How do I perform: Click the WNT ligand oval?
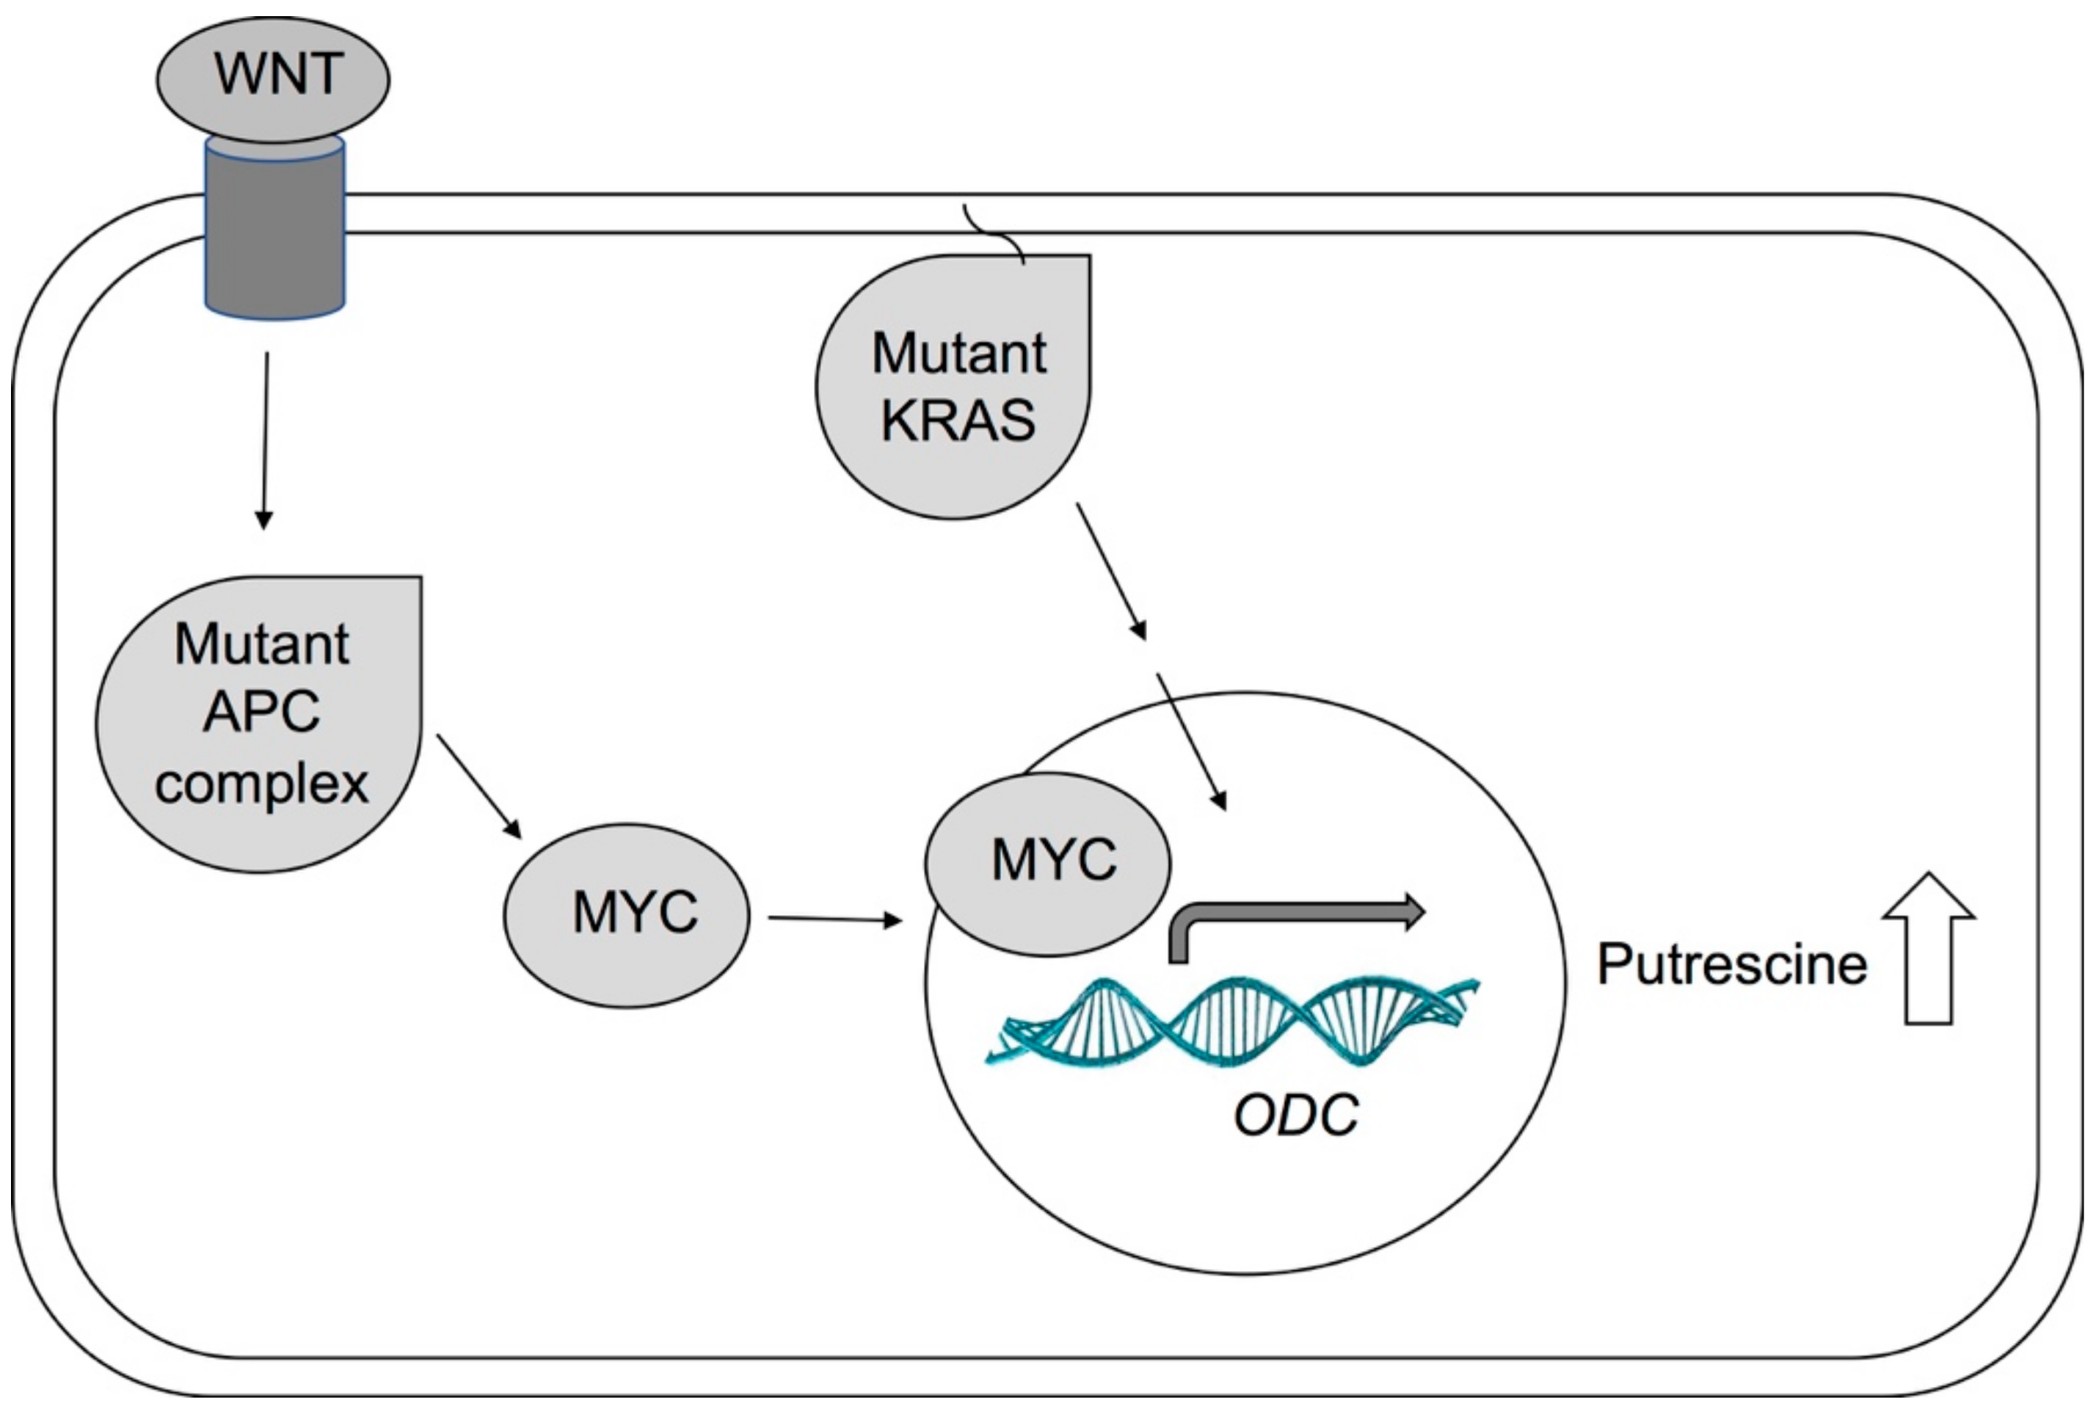273,79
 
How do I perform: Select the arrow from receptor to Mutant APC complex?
265,440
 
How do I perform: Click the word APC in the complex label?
261,712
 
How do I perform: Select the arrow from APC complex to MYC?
478,785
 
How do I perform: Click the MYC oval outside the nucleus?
626,915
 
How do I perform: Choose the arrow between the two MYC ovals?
834,918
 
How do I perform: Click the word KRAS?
958,420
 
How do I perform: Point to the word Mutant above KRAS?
958,352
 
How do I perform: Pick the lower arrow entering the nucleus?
1191,741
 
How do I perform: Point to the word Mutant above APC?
261,644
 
